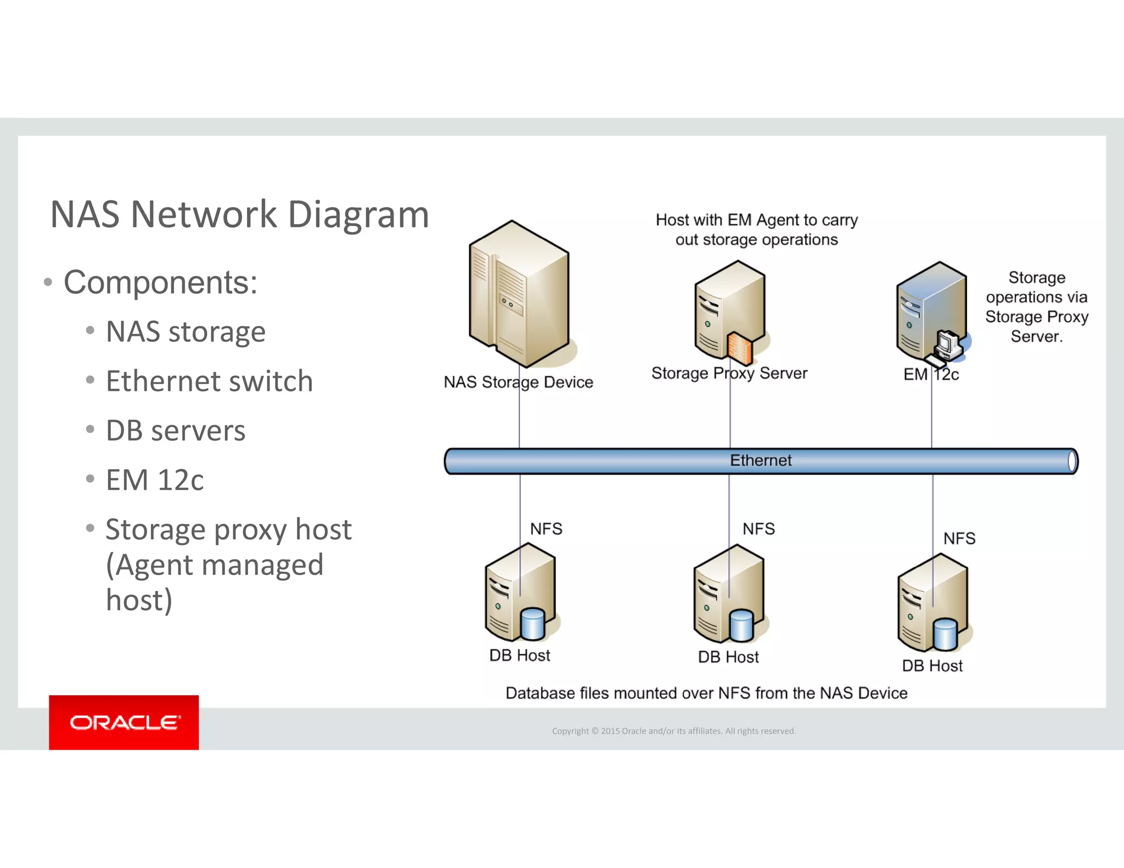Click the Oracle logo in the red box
124,722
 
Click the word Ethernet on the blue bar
760,460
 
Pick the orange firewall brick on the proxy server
740,349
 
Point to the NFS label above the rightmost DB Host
959,538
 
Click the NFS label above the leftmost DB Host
546,528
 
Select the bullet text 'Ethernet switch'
209,381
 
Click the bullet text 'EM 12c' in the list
155,480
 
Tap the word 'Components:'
160,282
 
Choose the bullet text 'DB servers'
176,430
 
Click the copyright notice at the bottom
673,731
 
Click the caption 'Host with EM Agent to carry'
756,220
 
